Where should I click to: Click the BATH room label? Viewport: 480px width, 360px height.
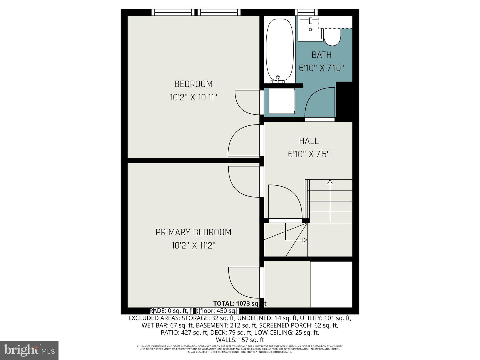(321, 55)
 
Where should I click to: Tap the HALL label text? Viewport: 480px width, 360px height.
(309, 141)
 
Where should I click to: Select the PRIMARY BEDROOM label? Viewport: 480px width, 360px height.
(193, 232)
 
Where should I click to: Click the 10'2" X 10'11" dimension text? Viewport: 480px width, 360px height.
(193, 97)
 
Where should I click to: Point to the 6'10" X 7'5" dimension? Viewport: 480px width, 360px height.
(309, 154)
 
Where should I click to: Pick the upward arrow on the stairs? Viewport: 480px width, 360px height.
(330, 182)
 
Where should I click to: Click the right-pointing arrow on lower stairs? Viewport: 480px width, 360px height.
(304, 240)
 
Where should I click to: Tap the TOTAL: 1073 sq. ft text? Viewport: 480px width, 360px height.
(239, 304)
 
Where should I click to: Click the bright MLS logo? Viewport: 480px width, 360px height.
(29, 350)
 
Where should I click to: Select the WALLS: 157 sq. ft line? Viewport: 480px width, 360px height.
(240, 340)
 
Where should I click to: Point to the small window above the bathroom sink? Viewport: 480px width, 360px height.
(306, 12)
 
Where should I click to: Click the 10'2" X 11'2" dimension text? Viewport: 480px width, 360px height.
(193, 246)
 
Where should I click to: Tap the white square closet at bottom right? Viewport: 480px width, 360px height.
(331, 284)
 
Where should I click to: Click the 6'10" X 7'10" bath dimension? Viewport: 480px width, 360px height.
(321, 68)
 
